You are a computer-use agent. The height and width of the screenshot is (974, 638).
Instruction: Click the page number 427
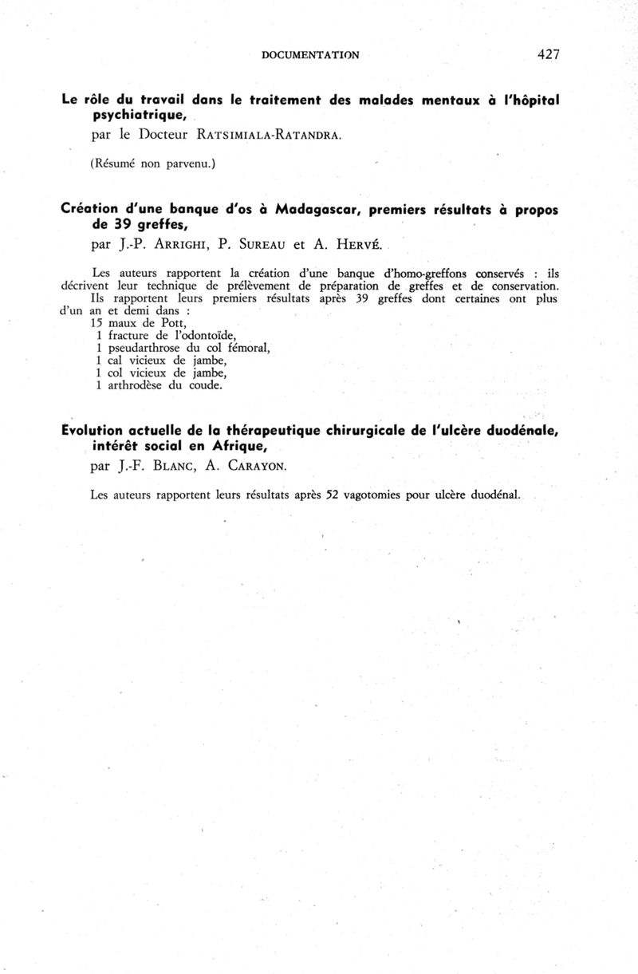(549, 54)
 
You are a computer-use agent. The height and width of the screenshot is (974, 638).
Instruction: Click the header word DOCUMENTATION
(310, 55)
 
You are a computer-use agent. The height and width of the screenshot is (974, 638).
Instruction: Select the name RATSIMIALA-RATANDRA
(273, 135)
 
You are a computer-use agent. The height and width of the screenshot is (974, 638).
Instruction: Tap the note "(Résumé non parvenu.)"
(153, 164)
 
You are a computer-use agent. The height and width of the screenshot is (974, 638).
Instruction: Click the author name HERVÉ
(364, 246)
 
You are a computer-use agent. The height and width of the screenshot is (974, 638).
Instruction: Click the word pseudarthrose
(146, 349)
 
